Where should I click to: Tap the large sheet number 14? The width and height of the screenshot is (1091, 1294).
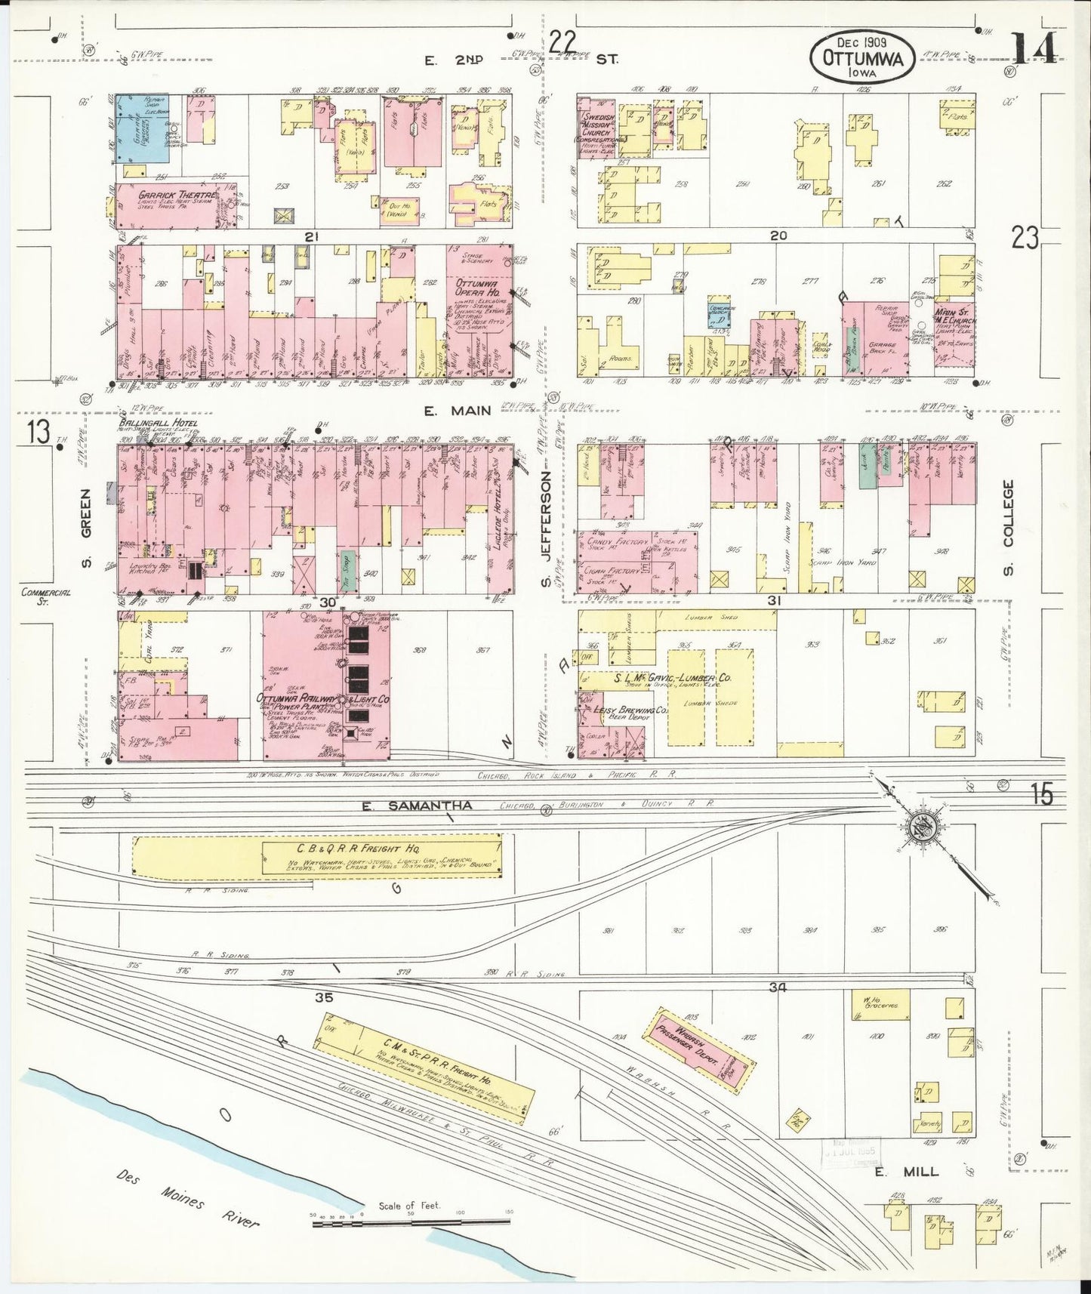[x=1035, y=50]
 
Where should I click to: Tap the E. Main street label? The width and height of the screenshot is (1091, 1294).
[x=467, y=411]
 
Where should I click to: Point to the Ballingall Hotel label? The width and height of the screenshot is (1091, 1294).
[x=158, y=424]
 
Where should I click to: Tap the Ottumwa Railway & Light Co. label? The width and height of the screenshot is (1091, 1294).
[x=323, y=700]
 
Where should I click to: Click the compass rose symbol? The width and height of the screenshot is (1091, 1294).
[x=920, y=824]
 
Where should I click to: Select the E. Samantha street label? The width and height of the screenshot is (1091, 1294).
[x=417, y=806]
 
